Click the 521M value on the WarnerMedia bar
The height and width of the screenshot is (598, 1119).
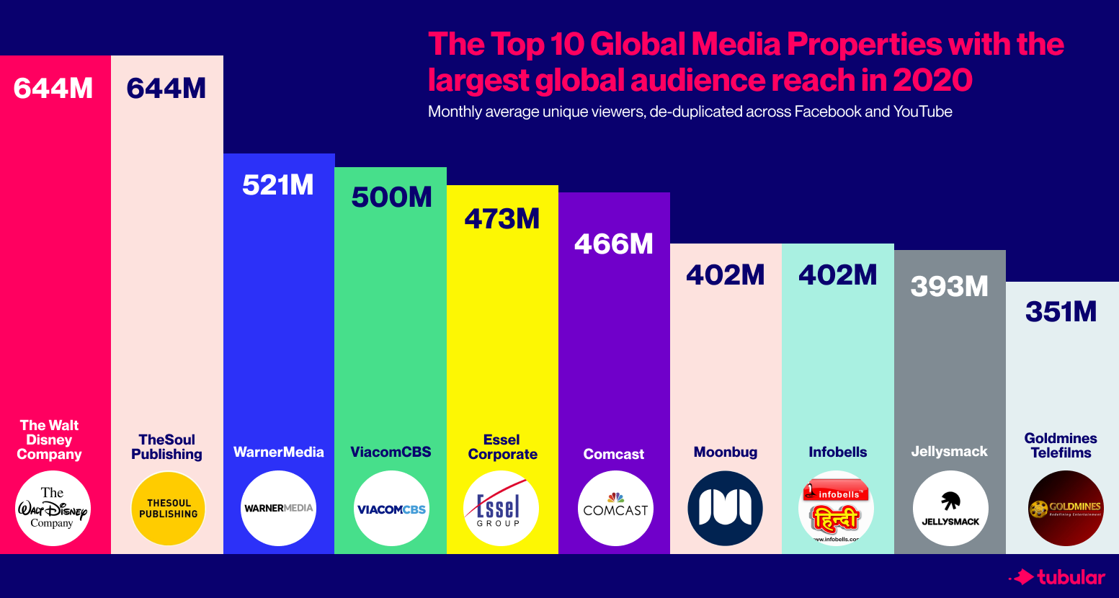(278, 186)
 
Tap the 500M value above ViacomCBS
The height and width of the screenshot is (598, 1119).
(391, 197)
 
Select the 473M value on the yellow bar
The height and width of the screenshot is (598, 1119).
(502, 219)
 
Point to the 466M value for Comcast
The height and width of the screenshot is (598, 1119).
(614, 244)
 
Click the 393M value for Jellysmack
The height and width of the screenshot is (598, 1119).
(950, 287)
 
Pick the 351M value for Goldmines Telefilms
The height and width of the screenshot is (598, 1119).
(1061, 312)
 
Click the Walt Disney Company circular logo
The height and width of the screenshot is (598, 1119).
(53, 509)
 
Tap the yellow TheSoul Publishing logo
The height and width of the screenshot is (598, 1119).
(168, 509)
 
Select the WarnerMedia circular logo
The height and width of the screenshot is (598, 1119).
(278, 509)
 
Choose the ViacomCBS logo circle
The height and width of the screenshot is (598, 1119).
(391, 509)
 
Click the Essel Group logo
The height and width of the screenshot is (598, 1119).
(501, 509)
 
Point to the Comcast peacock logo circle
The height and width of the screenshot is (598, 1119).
(615, 509)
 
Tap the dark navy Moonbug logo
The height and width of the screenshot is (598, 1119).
(726, 509)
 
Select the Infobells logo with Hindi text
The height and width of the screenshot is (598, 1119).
(837, 509)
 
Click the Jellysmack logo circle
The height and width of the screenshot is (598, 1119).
(950, 509)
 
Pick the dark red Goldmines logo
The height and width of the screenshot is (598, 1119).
(1065, 509)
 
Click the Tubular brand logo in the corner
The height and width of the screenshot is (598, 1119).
(1057, 577)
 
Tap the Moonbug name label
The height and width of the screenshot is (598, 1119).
(726, 452)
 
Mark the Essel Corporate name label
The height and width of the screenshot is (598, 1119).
(502, 447)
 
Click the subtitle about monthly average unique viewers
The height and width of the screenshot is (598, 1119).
(690, 112)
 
